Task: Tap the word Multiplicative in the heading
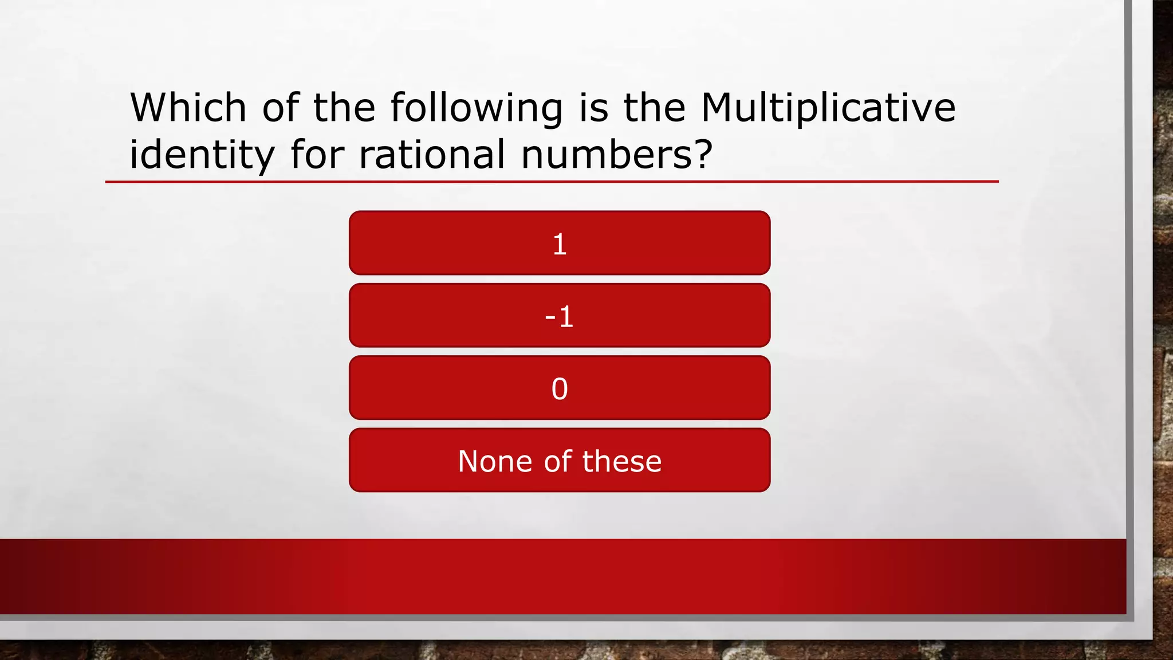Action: [828, 109]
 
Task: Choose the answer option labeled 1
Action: [560, 243]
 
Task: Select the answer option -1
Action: [560, 316]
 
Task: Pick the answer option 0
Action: [560, 388]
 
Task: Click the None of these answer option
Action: [560, 461]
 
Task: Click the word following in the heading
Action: [477, 109]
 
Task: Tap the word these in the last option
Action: [622, 461]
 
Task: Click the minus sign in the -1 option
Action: [550, 317]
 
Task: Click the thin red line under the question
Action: [552, 182]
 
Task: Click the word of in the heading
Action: [280, 108]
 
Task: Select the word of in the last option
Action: [557, 461]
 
